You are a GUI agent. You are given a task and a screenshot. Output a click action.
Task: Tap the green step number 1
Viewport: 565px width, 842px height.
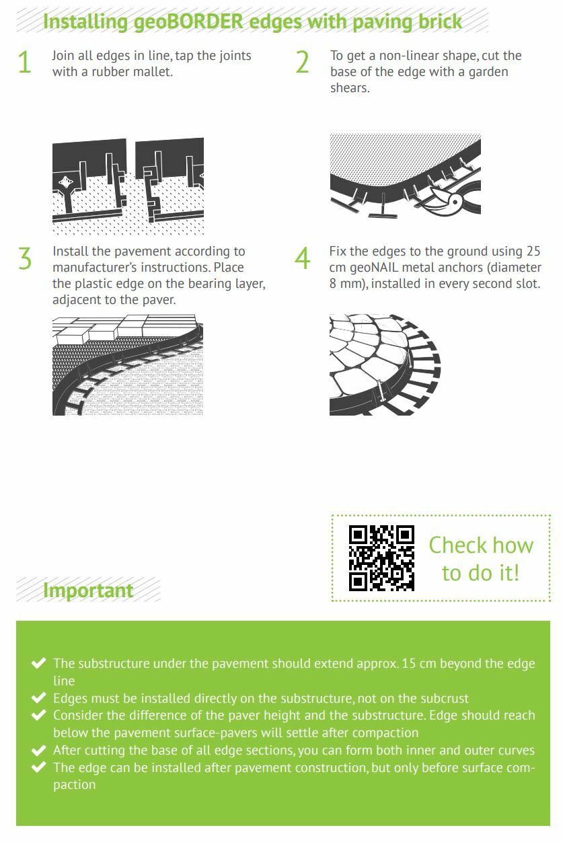(25, 62)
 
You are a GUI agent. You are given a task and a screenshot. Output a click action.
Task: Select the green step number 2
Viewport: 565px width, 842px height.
(302, 62)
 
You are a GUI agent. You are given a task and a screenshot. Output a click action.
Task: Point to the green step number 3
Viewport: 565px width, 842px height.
(25, 259)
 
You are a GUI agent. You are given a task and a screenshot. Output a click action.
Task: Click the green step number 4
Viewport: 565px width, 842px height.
(303, 259)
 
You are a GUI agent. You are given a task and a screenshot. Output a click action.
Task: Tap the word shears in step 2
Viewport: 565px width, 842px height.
(350, 88)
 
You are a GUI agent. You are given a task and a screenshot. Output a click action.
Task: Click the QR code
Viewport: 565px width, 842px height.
(381, 558)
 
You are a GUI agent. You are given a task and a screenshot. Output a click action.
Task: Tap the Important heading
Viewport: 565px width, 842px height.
(88, 590)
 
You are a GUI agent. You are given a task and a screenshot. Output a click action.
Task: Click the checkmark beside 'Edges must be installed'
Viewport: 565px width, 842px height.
(39, 697)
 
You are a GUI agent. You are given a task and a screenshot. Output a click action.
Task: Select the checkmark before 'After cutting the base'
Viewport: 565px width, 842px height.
(39, 750)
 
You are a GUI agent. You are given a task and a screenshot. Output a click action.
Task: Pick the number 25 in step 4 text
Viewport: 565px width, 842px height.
(533, 251)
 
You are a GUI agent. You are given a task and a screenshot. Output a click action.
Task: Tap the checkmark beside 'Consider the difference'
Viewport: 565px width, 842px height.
(39, 715)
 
